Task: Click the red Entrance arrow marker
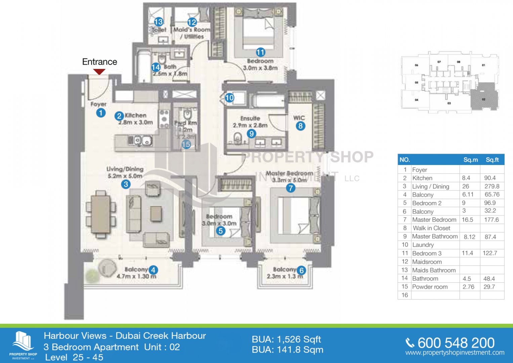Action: pos(99,72)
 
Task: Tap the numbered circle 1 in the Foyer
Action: pos(101,113)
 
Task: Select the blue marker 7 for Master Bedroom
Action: pos(291,188)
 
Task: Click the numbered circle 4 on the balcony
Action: pos(153,270)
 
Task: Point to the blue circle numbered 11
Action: pos(260,52)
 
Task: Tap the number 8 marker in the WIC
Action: pos(300,126)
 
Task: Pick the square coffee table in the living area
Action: pos(156,214)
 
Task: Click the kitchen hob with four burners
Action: pos(164,119)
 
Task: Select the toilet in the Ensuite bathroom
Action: pos(238,138)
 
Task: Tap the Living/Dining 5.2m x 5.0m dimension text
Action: pos(125,176)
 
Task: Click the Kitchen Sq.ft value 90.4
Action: pos(490,178)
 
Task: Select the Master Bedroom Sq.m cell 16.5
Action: pos(467,220)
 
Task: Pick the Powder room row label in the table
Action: pos(430,287)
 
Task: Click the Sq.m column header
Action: pos(470,160)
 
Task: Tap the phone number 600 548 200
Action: pos(456,343)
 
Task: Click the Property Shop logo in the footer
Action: pos(23,345)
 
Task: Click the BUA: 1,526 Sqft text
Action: pos(286,339)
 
